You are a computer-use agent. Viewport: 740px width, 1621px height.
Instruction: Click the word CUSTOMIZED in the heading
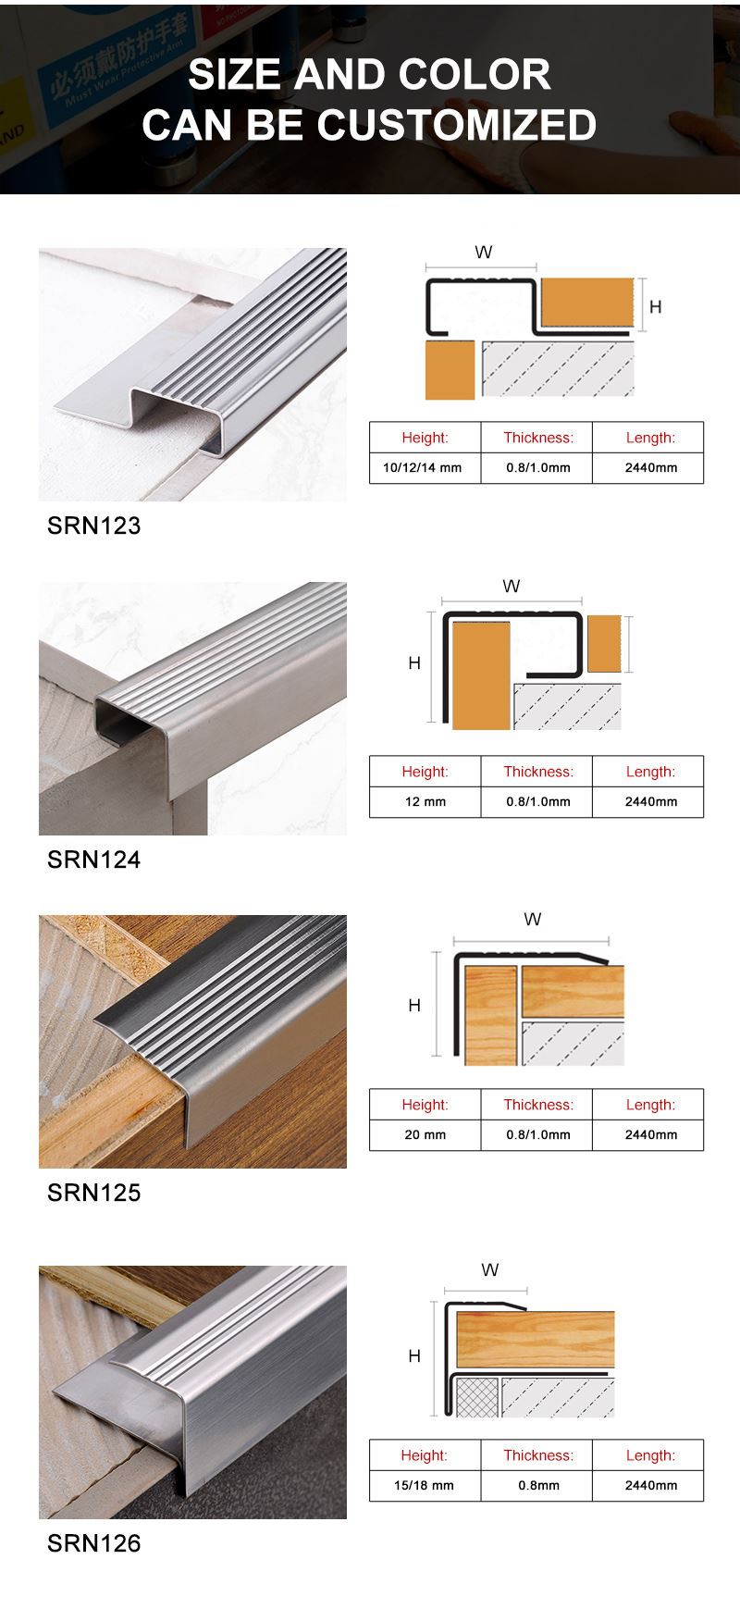click(457, 125)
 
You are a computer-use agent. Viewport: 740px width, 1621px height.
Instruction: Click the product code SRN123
click(93, 526)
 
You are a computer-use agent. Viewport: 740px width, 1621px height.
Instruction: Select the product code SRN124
click(93, 860)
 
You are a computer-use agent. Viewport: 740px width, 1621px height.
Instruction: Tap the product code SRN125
click(93, 1193)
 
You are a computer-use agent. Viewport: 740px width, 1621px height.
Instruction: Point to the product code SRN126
click(93, 1543)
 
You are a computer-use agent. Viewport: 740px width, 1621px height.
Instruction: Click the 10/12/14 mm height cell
click(423, 467)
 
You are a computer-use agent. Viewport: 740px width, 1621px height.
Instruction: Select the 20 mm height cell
click(425, 1134)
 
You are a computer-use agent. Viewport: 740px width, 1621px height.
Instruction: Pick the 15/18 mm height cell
click(425, 1485)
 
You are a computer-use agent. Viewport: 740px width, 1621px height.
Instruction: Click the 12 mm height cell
click(425, 801)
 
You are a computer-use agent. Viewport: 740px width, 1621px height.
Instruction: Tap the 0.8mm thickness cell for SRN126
click(537, 1485)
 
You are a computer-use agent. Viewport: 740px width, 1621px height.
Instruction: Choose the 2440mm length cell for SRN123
click(650, 467)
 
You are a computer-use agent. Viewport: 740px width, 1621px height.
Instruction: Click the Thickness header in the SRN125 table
click(537, 1105)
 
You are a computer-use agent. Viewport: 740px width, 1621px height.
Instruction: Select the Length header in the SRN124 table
click(650, 772)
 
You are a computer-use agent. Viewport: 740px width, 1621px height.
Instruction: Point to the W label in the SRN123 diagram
click(483, 253)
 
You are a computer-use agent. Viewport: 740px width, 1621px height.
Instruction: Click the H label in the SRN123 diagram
click(656, 307)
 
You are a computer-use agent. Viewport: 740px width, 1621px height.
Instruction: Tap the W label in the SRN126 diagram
click(490, 1270)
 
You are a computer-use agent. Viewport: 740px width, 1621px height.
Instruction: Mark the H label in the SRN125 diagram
click(414, 1006)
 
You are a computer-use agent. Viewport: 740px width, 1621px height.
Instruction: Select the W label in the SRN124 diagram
click(511, 587)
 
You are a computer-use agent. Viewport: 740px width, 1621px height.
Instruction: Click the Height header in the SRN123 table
click(425, 438)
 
